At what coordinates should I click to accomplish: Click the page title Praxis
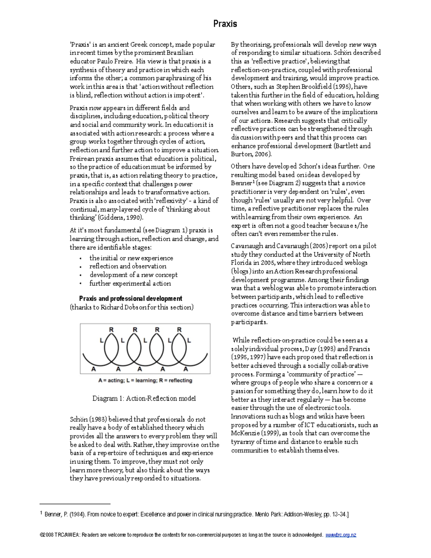click(225, 24)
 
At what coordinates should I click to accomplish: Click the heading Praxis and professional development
click(130, 299)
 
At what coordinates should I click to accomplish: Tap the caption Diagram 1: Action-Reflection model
click(144, 398)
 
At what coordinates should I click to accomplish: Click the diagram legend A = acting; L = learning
click(145, 381)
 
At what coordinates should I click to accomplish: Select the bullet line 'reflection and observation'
click(128, 266)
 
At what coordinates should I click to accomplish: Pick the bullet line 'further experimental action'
click(130, 283)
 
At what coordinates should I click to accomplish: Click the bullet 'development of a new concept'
click(133, 275)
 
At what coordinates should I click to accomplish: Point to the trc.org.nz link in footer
click(340, 535)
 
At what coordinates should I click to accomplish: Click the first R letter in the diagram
click(111, 329)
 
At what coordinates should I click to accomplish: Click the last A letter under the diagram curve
click(186, 369)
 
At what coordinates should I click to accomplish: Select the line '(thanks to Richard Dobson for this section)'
click(131, 307)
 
